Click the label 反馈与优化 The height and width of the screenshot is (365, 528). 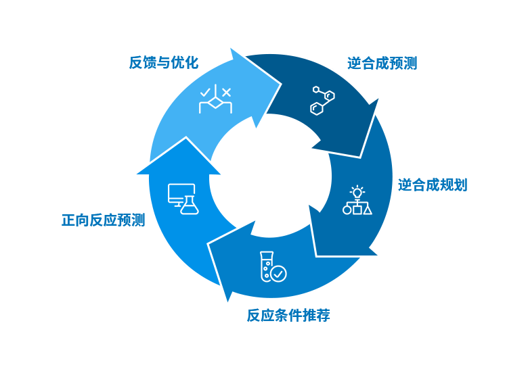pos(164,63)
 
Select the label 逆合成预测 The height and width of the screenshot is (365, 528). pos(382,64)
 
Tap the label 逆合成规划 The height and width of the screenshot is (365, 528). pos(433,185)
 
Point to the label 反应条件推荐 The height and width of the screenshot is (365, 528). pos(288,314)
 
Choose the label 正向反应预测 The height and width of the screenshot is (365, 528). pos(103,220)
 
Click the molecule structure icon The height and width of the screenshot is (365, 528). pos(322,99)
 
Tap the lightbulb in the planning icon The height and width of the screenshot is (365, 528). pos(357,192)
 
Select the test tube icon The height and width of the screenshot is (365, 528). pos(266,266)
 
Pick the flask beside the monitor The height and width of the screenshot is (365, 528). pos(190,205)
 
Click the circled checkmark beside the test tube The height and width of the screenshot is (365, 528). pos(278,273)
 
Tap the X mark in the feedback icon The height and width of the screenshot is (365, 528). pos(227,91)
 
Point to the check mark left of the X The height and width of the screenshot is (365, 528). pos(205,91)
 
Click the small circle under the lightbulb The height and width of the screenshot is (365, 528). pos(347,210)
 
